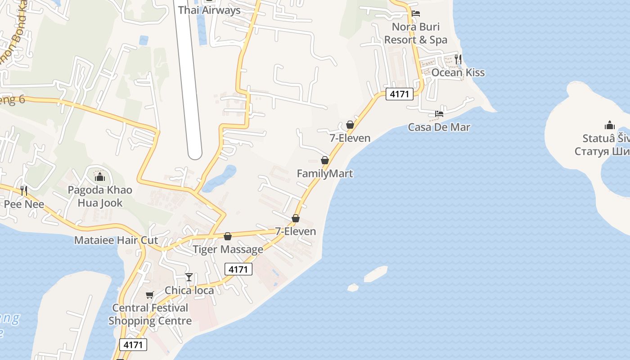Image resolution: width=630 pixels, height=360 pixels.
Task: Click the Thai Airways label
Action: point(209,10)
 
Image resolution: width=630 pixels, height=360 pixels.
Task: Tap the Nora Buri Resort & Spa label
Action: point(416,33)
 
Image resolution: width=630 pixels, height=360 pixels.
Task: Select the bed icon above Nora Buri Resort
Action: point(416,13)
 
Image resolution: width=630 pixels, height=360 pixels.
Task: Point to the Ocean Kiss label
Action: point(458,72)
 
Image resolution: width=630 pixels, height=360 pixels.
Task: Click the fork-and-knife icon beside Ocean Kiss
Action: point(458,59)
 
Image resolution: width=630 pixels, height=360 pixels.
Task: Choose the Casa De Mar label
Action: point(439,127)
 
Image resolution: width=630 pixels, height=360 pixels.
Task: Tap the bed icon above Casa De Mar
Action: point(439,114)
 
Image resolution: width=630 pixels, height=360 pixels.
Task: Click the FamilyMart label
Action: point(325,173)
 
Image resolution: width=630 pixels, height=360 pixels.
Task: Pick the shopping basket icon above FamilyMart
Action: point(325,160)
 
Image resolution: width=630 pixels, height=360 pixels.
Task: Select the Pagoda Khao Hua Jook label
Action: point(100,196)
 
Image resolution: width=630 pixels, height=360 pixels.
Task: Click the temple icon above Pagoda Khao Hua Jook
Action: point(100,177)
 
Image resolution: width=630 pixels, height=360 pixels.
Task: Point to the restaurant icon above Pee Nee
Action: point(24,191)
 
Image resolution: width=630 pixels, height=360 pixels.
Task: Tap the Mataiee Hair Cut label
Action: point(116,240)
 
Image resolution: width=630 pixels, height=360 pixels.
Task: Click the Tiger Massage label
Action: point(228,249)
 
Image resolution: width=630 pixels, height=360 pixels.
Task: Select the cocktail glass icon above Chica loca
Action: point(189,277)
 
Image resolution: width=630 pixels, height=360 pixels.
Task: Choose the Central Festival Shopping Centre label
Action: point(150,315)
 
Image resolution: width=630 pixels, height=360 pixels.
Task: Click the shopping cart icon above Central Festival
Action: point(149,295)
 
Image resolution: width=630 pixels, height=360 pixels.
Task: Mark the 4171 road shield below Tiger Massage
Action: point(238,269)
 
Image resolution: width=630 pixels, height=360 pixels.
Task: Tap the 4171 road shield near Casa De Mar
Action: point(399,94)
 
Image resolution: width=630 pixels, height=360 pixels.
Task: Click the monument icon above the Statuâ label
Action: point(610,125)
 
